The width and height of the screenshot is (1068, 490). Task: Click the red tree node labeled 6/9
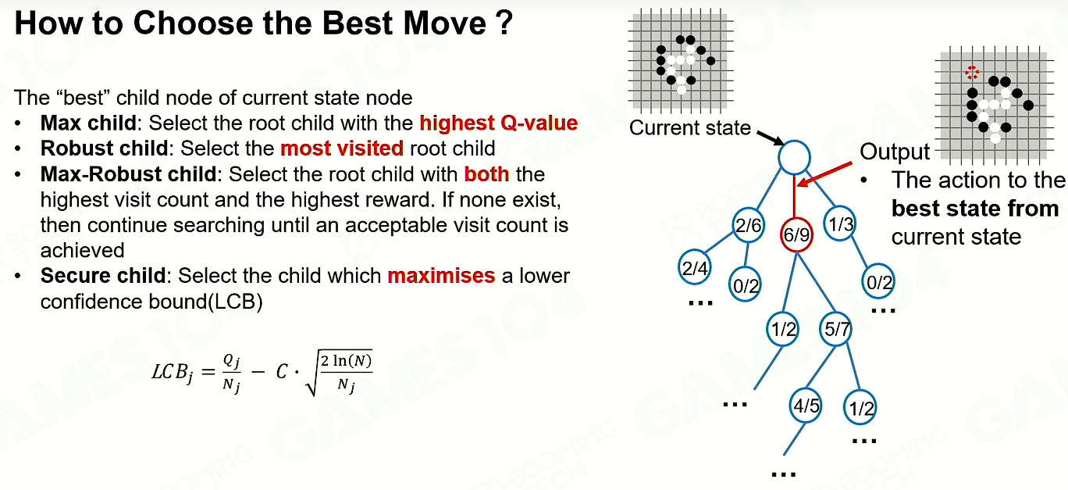[x=796, y=234]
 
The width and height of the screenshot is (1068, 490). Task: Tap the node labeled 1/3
[x=840, y=224]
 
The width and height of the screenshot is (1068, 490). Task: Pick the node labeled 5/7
[x=836, y=329]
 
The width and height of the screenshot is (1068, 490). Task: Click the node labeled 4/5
[x=806, y=406]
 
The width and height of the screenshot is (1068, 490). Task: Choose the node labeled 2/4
[x=694, y=267]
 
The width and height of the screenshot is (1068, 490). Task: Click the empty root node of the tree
[x=794, y=157]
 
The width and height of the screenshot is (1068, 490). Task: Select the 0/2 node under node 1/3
[x=878, y=282]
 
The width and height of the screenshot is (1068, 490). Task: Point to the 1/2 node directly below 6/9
[x=783, y=329]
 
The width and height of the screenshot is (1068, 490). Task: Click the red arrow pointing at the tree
[x=825, y=174]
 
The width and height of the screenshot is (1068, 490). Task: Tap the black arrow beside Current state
[x=771, y=138]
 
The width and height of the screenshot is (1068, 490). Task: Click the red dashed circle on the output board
[x=972, y=73]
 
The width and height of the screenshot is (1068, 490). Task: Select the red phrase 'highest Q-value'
[x=499, y=123]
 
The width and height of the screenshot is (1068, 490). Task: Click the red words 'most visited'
[x=342, y=148]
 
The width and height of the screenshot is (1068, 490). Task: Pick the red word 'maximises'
[x=441, y=276]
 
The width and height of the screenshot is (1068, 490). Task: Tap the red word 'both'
[x=487, y=174]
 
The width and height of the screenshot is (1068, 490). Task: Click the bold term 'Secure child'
[x=103, y=276]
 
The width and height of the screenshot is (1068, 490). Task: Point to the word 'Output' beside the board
[x=895, y=152]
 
